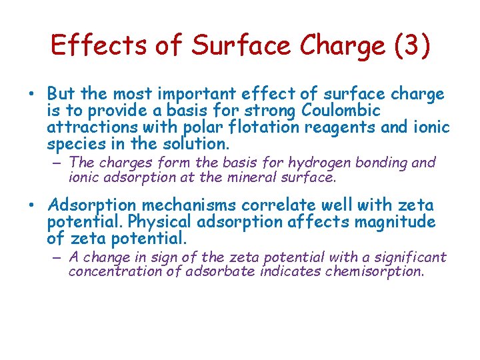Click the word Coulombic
pyautogui.click(x=341, y=111)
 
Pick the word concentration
pyautogui.click(x=115, y=272)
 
